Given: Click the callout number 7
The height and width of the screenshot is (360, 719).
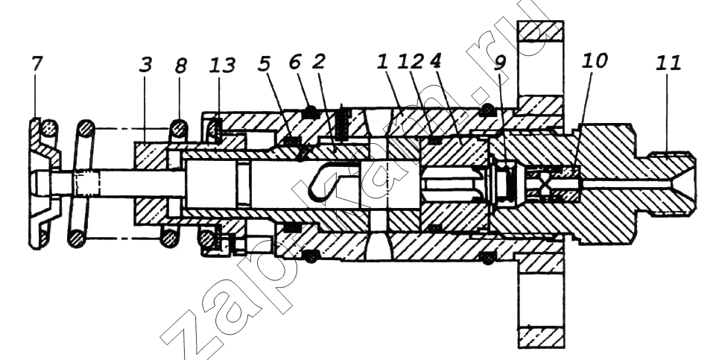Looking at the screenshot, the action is pyautogui.click(x=37, y=65).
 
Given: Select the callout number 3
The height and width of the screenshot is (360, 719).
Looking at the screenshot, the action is pyautogui.click(x=145, y=65).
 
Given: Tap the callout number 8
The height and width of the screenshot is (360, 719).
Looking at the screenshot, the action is pyautogui.click(x=180, y=66).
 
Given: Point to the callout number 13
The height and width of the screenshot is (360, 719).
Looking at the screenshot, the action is pyautogui.click(x=222, y=66).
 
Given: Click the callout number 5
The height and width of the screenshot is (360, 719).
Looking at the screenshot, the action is pyautogui.click(x=264, y=65).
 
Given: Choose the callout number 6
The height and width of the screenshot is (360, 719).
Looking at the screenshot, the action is pyautogui.click(x=295, y=63).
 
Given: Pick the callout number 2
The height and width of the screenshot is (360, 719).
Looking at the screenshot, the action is pyautogui.click(x=318, y=63).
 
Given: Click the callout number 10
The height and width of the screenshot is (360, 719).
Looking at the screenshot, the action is pyautogui.click(x=595, y=61).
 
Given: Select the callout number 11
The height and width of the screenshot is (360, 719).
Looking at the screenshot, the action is pyautogui.click(x=668, y=63).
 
